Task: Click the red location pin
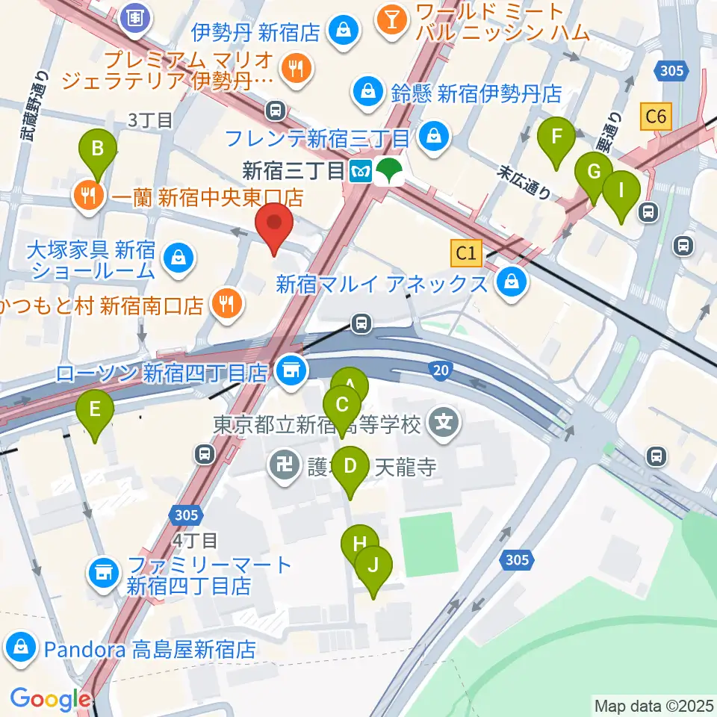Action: pos(274,226)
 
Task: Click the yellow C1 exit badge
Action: pos(468,253)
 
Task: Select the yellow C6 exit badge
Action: pos(657,117)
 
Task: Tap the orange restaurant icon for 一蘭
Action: pos(89,196)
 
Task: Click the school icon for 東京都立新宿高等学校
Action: pos(444,424)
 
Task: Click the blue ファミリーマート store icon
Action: pos(103,574)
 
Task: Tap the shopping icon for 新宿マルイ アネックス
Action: pos(513,283)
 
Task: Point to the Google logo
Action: pos(50,699)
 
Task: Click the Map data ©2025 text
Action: pos(653,704)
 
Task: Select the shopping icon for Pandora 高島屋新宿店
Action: pos(21,648)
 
